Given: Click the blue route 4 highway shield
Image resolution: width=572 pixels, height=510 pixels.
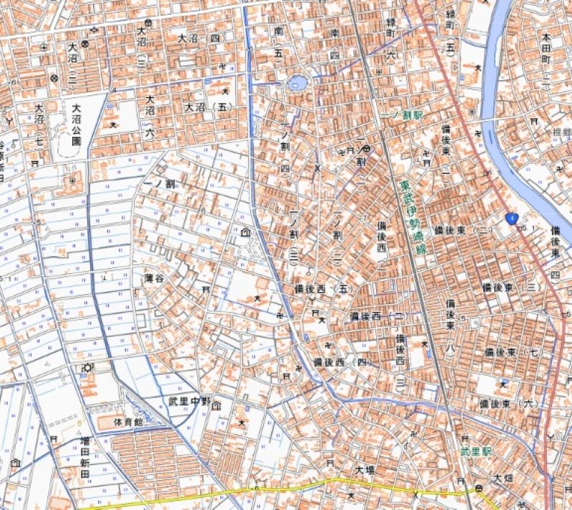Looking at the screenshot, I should pyautogui.click(x=511, y=217).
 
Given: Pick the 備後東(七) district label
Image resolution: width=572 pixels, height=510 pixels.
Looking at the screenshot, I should pyautogui.click(x=511, y=353).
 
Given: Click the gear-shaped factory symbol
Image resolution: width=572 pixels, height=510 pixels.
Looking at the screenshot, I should pyautogui.click(x=88, y=368).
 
